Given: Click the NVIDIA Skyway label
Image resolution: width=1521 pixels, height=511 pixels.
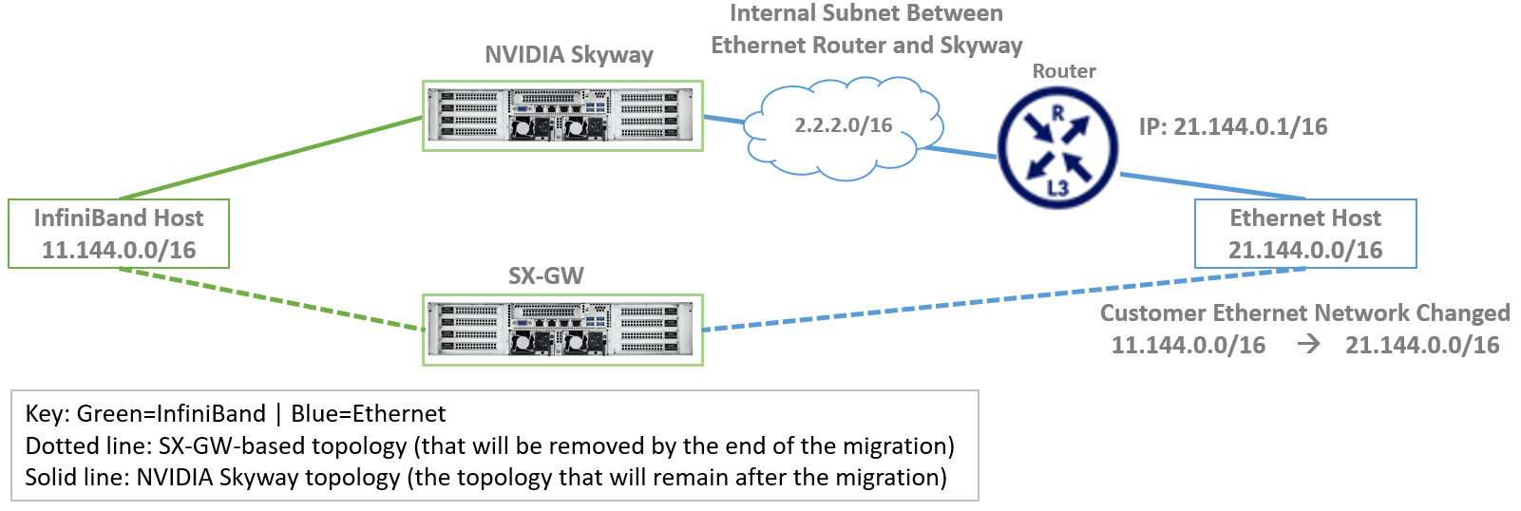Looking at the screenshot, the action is click(568, 54).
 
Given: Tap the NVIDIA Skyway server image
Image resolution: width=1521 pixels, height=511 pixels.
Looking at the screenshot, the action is click(562, 116).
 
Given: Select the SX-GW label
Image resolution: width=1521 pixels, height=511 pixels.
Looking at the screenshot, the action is click(546, 275).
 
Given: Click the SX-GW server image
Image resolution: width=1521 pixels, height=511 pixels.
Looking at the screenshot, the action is click(562, 330).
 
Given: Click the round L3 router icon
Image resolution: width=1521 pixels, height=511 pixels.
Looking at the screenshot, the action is click(1058, 148).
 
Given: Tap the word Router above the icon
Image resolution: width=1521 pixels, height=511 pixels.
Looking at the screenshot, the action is click(1064, 71).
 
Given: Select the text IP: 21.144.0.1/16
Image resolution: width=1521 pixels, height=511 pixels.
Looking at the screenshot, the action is click(1233, 127).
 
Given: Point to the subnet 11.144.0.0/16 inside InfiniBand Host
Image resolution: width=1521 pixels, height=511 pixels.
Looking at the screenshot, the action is click(119, 250).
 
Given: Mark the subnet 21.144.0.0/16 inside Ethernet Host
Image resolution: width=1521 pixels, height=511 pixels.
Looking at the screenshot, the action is click(1305, 250).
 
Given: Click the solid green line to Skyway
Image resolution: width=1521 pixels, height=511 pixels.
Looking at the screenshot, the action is click(271, 158).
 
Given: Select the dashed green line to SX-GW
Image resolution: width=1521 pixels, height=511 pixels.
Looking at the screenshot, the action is click(272, 299).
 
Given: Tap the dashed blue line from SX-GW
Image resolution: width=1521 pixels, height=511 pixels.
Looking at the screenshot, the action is click(1003, 299).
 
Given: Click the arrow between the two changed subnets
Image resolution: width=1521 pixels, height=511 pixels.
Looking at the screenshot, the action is click(1308, 345).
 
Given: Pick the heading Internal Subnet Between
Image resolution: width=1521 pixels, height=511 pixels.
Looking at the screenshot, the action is click(866, 13).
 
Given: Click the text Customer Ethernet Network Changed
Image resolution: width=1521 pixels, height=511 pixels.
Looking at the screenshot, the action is click(1305, 312).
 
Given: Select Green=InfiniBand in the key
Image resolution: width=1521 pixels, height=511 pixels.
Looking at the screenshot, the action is click(170, 413).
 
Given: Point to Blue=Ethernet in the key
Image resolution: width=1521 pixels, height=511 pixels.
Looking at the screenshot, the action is click(368, 413).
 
